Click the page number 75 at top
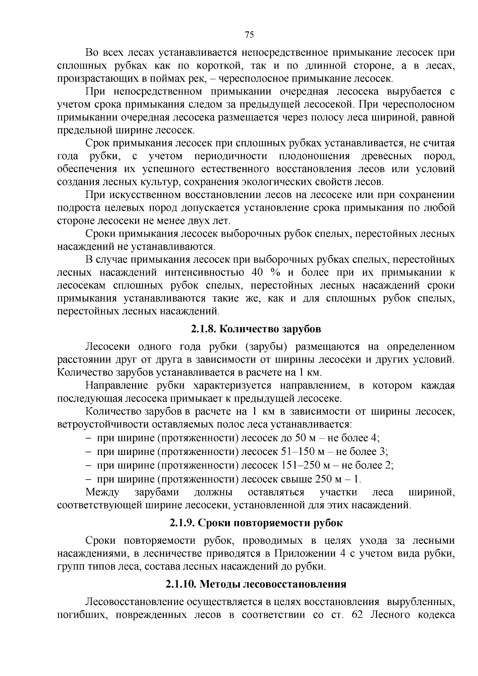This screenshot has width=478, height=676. tap(249, 35)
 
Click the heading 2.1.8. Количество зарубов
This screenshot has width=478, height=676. tap(255, 329)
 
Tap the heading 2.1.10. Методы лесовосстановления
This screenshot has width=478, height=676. tap(256, 584)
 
